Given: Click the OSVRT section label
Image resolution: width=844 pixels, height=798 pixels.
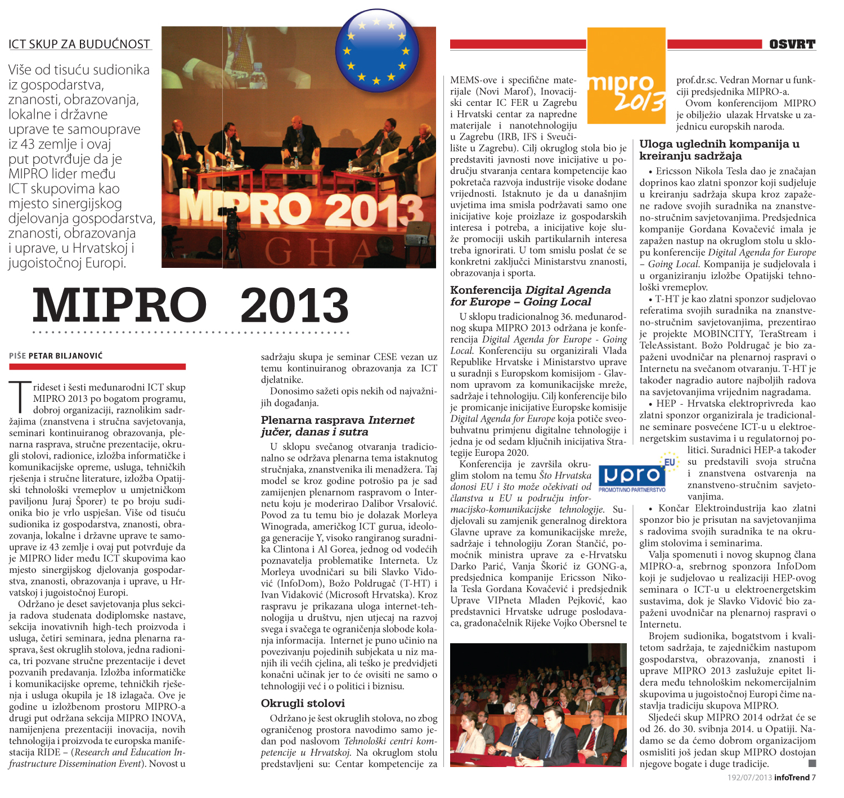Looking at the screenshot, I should pyautogui.click(x=792, y=44).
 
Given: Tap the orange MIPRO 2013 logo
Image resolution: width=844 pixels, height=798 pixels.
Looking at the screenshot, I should pyautogui.click(x=626, y=76).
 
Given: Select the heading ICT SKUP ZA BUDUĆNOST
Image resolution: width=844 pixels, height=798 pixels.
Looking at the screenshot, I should pyautogui.click(x=79, y=44).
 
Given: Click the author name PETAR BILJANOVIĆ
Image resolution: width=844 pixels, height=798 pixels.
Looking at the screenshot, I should pyautogui.click(x=65, y=356).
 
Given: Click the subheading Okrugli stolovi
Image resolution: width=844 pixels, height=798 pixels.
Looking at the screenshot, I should pyautogui.click(x=303, y=703).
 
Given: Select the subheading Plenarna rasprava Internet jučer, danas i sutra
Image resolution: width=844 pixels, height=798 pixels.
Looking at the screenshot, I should pyautogui.click(x=338, y=426).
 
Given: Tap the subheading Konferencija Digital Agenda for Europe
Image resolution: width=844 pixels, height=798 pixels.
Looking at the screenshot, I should pyautogui.click(x=530, y=296).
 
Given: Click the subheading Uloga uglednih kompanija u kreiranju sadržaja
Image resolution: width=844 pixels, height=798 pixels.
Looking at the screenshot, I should pyautogui.click(x=719, y=150).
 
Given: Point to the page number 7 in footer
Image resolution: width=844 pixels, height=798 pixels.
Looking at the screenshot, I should pyautogui.click(x=814, y=778).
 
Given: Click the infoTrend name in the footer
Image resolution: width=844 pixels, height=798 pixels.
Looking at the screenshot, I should pyautogui.click(x=792, y=778).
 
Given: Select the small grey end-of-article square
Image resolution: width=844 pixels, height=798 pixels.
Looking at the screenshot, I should pyautogui.click(x=812, y=764).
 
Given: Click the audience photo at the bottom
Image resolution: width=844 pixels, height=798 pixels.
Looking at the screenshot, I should pyautogui.click(x=538, y=705).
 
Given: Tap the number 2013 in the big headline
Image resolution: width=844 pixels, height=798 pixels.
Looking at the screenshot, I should pyautogui.click(x=294, y=306).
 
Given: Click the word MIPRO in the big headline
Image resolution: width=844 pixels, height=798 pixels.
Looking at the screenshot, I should pyautogui.click(x=119, y=306).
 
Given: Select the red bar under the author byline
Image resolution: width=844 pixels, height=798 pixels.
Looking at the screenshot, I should pyautogui.click(x=97, y=367).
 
